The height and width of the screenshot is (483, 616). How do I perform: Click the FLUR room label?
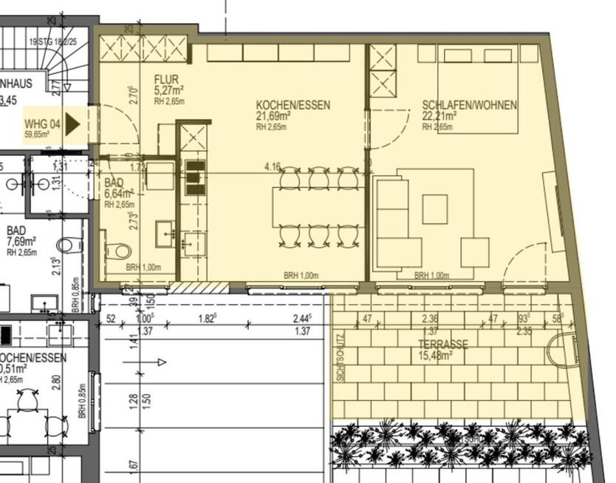(x=167, y=80)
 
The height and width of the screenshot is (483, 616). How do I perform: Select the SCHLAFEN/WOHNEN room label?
(x=469, y=105)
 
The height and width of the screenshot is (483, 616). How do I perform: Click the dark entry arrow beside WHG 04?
(x=72, y=124)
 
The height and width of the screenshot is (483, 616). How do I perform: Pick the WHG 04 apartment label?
(x=42, y=124)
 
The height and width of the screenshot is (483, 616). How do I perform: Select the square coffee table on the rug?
(x=435, y=209)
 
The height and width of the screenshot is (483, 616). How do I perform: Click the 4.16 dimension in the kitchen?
(x=273, y=167)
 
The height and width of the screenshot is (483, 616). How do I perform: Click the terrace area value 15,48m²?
(x=437, y=356)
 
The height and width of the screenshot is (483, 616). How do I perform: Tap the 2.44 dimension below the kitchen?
(x=300, y=319)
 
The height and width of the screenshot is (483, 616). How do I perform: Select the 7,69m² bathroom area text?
(x=22, y=241)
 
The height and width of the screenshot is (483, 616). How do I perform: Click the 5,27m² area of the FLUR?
(x=168, y=91)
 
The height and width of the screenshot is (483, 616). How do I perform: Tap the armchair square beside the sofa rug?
(x=475, y=252)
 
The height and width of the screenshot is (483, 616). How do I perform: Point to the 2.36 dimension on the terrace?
(x=428, y=320)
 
